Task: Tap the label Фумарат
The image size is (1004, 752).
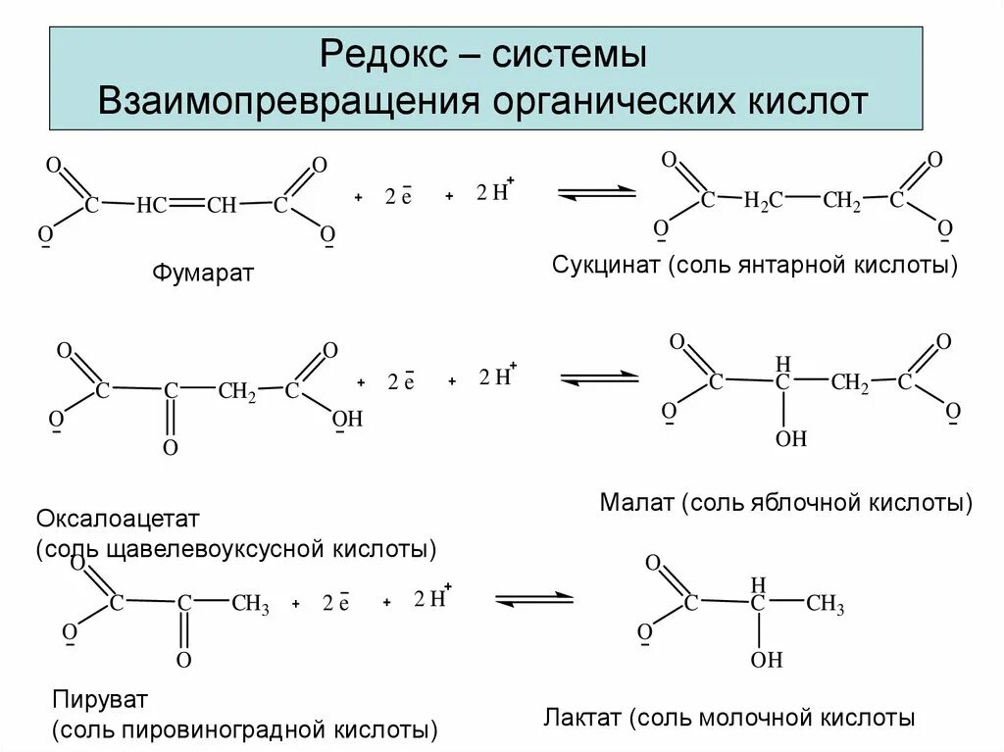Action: click(203, 273)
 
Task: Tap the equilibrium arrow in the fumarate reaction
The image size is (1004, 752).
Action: click(597, 192)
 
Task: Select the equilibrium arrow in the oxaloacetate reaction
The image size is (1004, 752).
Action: click(599, 377)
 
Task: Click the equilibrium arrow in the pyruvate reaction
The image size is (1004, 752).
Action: click(533, 598)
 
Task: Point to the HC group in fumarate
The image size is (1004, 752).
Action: click(152, 206)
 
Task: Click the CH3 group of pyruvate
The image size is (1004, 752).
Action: click(250, 605)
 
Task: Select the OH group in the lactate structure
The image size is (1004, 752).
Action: click(767, 661)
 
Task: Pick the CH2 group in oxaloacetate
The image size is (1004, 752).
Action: click(237, 391)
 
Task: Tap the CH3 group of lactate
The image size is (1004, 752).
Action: click(825, 605)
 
